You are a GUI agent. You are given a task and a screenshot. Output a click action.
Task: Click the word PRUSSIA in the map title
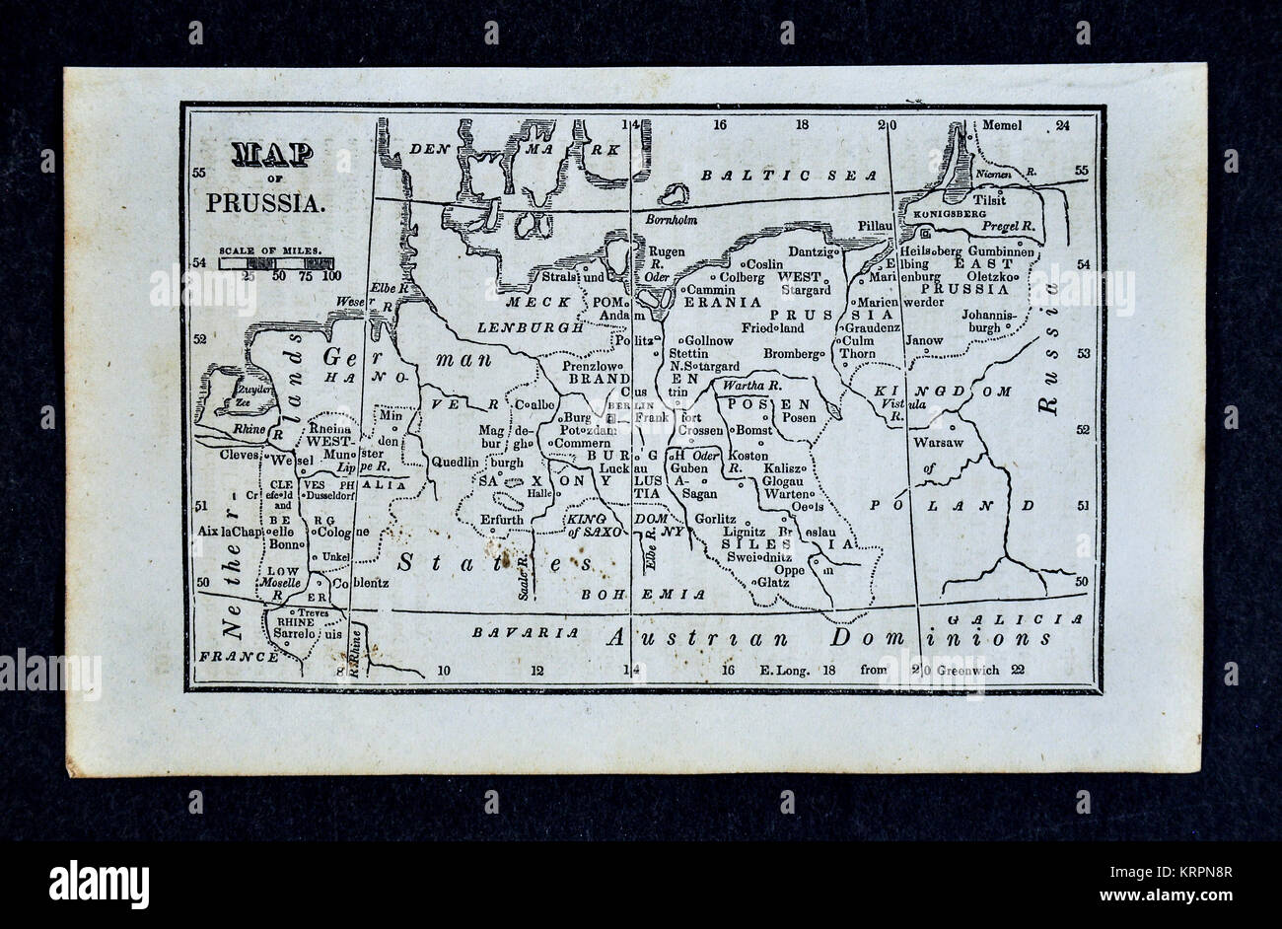pyautogui.click(x=264, y=203)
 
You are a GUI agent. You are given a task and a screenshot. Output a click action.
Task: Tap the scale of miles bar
pyautogui.click(x=273, y=262)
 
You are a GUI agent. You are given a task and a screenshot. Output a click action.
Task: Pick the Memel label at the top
pyautogui.click(x=1003, y=126)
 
